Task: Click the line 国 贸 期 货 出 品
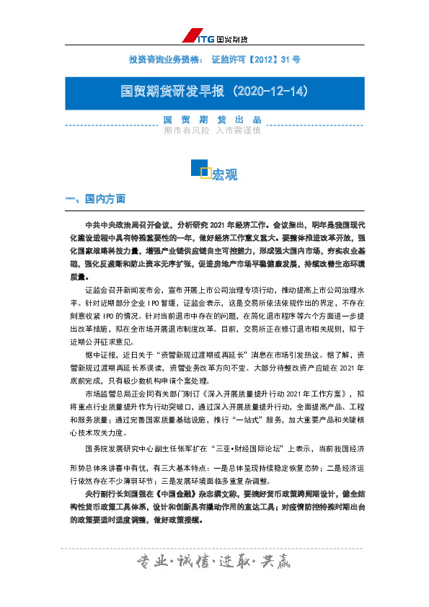pyautogui.click(x=213, y=120)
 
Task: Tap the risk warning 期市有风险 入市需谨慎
pyautogui.click(x=213, y=131)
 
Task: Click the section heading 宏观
pyautogui.click(x=225, y=174)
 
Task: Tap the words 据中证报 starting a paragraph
pyautogui.click(x=100, y=355)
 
